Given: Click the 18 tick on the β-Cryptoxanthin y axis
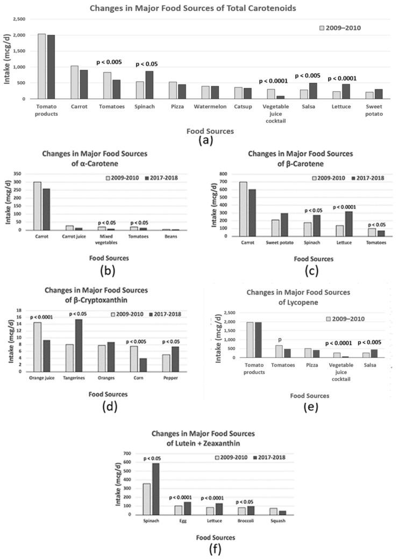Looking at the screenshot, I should pyautogui.click(x=19, y=310).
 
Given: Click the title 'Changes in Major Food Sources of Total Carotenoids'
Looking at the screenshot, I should pyautogui.click(x=199, y=7).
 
